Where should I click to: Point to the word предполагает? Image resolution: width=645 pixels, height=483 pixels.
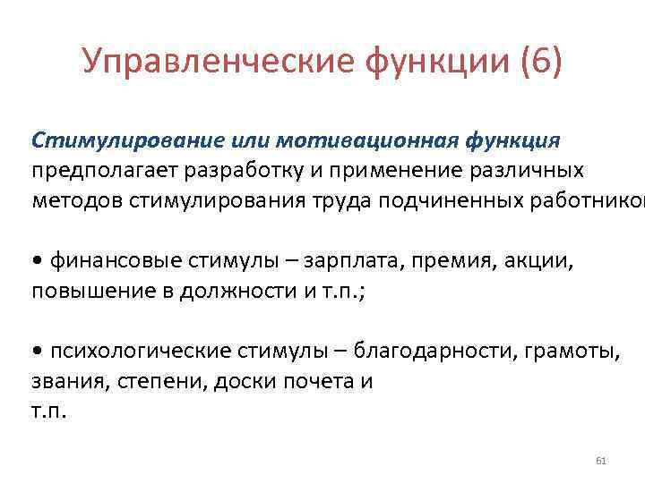(x=96, y=170)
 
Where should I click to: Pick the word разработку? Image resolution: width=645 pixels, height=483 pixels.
(x=233, y=170)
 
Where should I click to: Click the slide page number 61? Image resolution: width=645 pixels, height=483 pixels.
(x=600, y=461)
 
